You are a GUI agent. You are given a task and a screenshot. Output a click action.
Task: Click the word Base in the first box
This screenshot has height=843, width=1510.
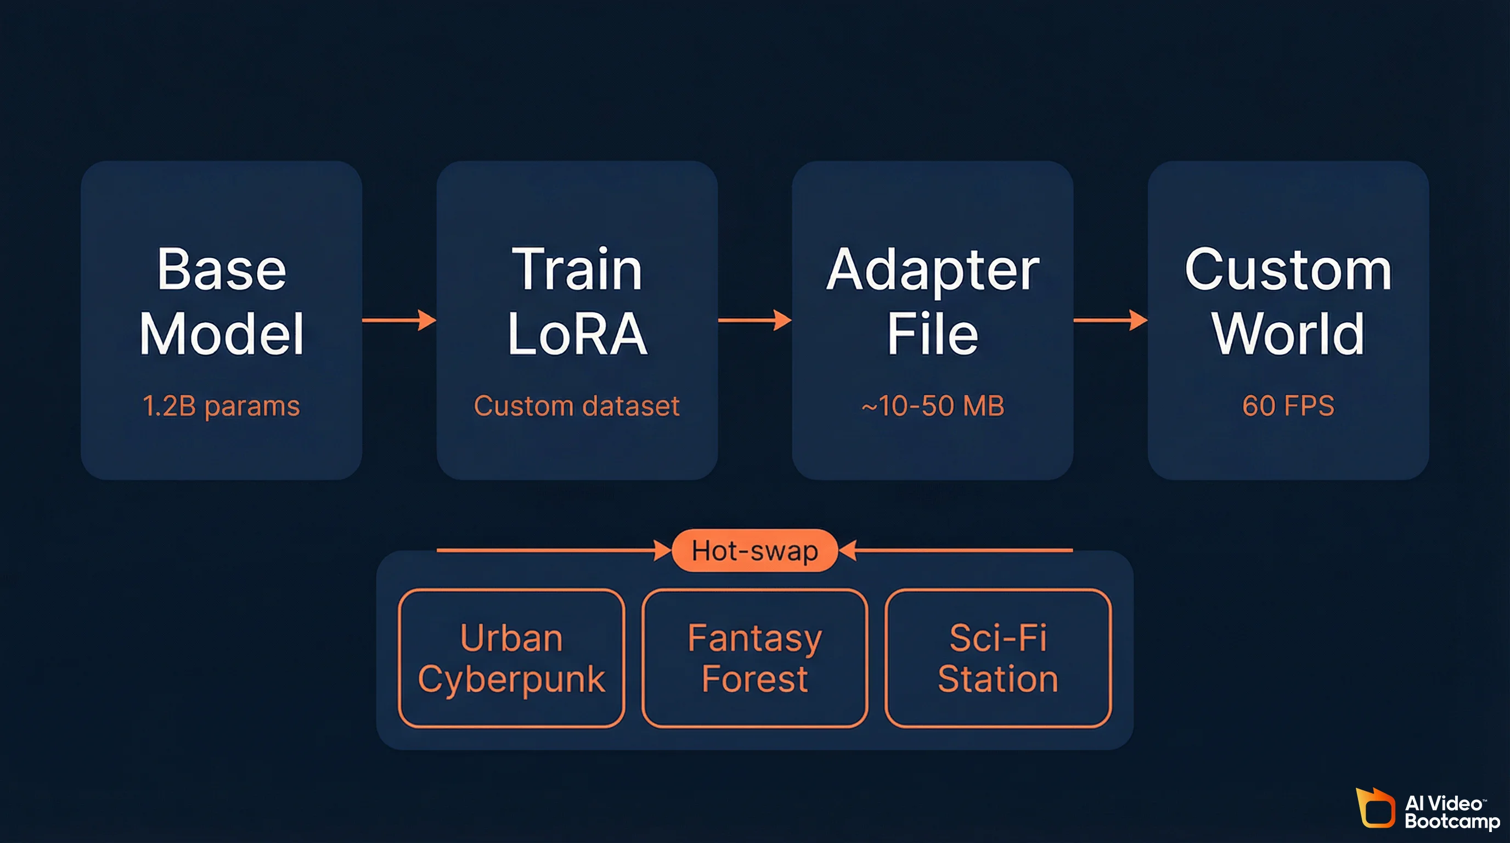click(222, 269)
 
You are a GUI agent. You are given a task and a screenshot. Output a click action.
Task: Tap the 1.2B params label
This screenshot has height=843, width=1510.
click(221, 406)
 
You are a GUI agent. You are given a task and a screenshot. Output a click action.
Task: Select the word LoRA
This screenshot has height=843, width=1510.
click(577, 334)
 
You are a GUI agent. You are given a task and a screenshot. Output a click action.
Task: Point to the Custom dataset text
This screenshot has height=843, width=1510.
click(577, 406)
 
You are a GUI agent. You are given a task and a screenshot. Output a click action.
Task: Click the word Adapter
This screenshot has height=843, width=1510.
click(933, 271)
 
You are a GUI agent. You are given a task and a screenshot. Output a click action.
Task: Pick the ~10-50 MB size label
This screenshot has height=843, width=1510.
click(933, 406)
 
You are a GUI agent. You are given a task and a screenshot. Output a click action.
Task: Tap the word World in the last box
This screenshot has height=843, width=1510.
click(1288, 334)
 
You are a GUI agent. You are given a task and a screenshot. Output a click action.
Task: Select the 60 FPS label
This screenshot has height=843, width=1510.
click(1288, 406)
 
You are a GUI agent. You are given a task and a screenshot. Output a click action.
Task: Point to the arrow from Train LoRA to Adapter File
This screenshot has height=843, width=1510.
click(755, 320)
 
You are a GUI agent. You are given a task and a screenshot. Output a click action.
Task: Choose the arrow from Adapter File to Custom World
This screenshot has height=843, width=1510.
click(1110, 320)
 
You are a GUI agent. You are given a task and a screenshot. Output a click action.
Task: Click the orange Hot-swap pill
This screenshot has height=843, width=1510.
click(754, 550)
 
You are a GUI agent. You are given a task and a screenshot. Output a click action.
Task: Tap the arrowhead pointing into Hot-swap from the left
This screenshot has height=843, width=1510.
click(663, 550)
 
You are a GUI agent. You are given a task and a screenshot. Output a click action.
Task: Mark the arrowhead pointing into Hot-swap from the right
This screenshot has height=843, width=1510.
click(848, 550)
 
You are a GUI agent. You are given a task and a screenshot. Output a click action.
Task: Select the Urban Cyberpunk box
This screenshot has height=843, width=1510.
click(511, 657)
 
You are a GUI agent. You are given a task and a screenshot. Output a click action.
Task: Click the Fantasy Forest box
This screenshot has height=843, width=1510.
click(754, 657)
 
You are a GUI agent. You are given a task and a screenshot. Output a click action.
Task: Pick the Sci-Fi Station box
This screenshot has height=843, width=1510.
click(998, 657)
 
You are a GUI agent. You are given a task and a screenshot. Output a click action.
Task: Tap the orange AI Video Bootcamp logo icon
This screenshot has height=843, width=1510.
click(1375, 809)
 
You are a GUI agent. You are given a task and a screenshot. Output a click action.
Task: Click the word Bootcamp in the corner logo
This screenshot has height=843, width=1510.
click(1452, 821)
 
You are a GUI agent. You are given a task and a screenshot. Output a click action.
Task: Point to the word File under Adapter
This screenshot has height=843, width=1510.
click(933, 334)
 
